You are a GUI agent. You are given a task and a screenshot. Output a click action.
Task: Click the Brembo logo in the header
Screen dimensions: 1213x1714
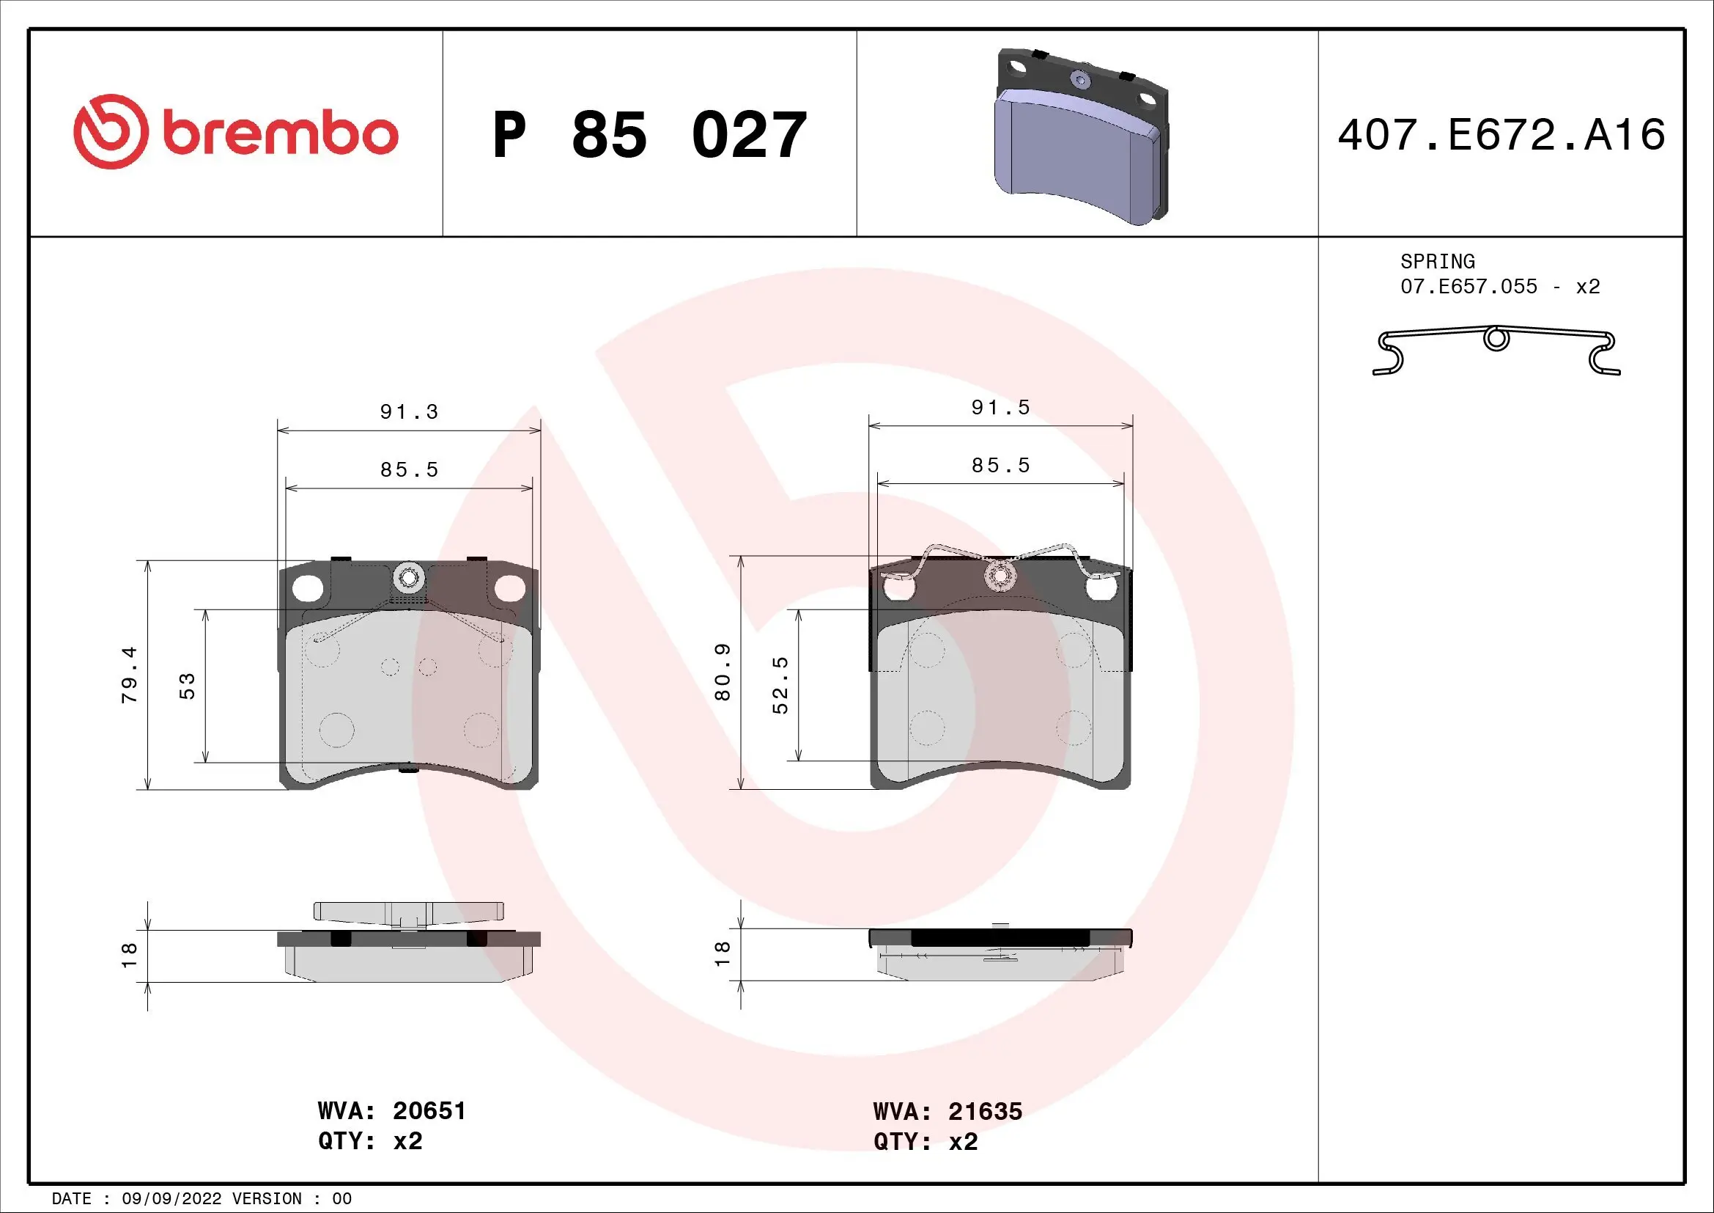coord(236,132)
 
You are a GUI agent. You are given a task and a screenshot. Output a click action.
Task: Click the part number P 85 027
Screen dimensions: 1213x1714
coord(649,135)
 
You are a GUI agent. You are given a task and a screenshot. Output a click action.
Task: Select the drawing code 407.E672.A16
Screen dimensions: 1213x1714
coord(1501,135)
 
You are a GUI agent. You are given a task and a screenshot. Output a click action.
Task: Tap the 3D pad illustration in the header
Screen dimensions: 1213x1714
coord(1082,137)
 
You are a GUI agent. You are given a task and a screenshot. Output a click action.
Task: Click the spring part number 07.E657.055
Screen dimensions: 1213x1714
coord(1469,287)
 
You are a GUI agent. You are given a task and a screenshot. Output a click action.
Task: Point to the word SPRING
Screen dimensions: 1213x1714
coord(1437,261)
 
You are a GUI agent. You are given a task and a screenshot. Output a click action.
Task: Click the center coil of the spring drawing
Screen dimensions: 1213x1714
coord(1496,339)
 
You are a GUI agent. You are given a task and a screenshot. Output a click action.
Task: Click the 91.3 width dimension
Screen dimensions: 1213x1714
coord(409,411)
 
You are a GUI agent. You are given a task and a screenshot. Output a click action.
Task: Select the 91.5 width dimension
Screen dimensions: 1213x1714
coord(1000,407)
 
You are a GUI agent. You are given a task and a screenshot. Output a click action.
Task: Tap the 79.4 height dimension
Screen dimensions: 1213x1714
coord(129,675)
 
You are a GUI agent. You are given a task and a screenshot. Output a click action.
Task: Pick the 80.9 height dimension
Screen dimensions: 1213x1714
coord(722,673)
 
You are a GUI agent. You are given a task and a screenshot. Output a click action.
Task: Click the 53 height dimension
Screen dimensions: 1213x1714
coord(187,686)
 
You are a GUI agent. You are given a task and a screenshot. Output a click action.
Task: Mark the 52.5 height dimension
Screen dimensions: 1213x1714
coord(780,686)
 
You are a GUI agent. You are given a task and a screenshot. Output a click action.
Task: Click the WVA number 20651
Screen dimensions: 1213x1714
coord(429,1110)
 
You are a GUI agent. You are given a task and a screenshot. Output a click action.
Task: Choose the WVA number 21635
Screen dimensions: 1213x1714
coord(985,1111)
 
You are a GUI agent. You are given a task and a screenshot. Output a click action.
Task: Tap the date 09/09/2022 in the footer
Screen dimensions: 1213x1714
coord(171,1199)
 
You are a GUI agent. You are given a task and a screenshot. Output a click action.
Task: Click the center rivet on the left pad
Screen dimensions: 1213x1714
coord(408,577)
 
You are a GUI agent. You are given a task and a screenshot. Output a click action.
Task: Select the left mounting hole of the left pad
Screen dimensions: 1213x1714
coord(308,588)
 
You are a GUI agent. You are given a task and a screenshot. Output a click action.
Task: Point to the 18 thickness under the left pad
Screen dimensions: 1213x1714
coord(129,956)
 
